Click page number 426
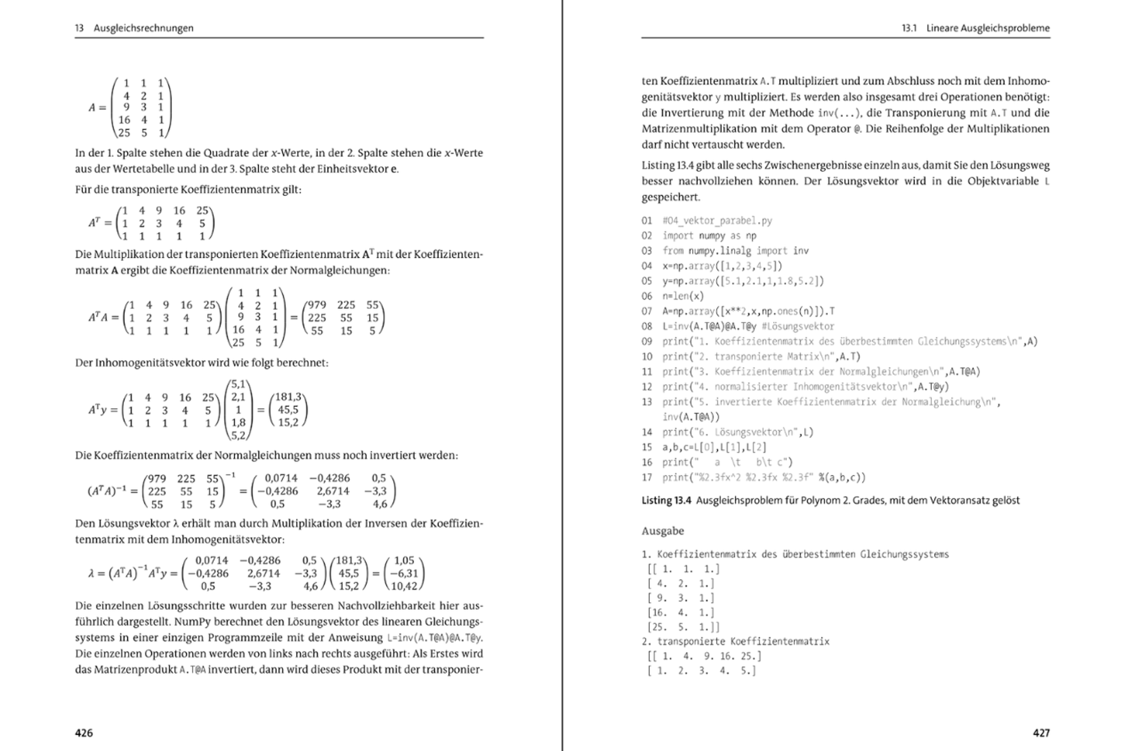click(x=84, y=733)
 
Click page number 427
click(x=1041, y=733)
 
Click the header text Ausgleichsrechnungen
click(x=143, y=28)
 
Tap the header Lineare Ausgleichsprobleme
click(x=988, y=28)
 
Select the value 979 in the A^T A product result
click(x=316, y=305)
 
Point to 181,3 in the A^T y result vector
click(x=288, y=397)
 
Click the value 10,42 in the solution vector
click(x=404, y=586)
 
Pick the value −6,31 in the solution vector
click(x=404, y=573)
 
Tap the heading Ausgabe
click(x=663, y=531)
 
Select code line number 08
click(x=646, y=326)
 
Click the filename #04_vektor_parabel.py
click(x=717, y=221)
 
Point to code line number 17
click(x=646, y=477)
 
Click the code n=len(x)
click(x=683, y=296)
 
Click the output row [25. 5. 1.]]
click(x=683, y=627)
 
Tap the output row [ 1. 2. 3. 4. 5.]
click(x=702, y=671)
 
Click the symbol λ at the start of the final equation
click(x=91, y=574)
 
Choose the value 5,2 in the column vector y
click(x=238, y=435)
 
